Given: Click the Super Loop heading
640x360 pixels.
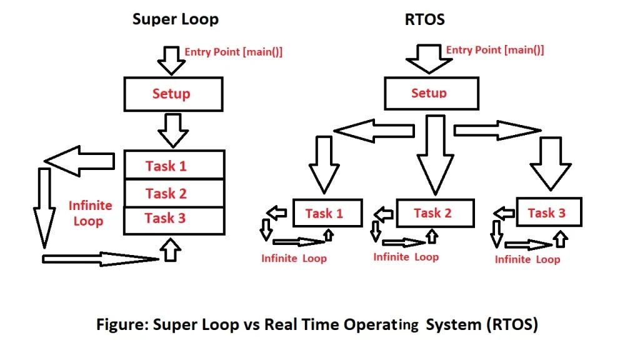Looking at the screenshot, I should [176, 19].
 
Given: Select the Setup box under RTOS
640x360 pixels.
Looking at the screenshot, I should [430, 93].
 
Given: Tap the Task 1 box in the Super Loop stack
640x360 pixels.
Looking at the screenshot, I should [174, 165].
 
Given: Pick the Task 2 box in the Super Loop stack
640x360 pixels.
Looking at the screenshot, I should [174, 193].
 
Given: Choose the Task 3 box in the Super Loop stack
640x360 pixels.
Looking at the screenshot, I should [174, 219].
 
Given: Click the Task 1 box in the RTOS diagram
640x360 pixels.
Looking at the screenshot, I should [327, 213].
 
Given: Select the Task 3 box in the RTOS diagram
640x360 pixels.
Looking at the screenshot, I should [549, 212].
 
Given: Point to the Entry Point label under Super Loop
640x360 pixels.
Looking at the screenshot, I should [233, 52].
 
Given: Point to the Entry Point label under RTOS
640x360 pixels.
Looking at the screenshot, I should [494, 50].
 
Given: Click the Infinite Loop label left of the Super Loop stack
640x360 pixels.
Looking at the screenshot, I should [90, 213].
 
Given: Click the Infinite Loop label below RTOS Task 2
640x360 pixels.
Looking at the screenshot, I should [406, 257].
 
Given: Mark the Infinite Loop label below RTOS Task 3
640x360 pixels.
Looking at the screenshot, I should [527, 259].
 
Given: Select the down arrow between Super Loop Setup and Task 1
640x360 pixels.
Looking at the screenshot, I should [173, 129].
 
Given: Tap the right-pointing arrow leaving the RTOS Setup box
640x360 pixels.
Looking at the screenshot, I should [497, 130].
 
